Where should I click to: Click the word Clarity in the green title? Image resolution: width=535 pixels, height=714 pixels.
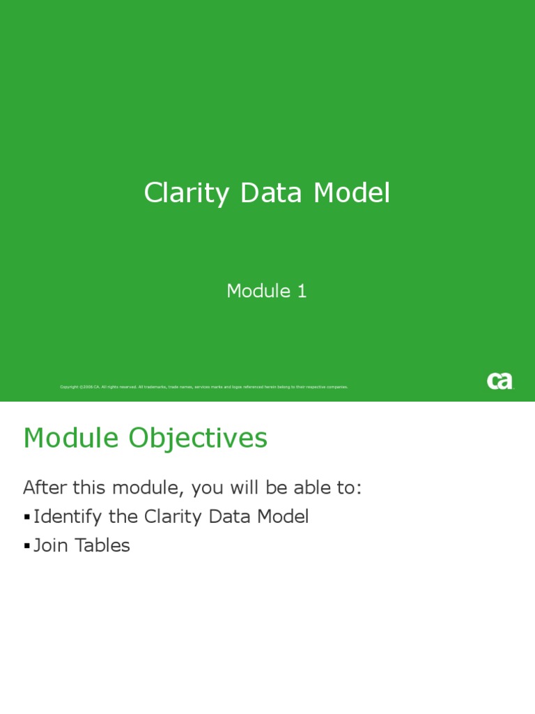185,193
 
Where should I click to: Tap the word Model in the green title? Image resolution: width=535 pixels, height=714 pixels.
351,193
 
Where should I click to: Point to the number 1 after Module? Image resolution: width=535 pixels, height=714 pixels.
302,291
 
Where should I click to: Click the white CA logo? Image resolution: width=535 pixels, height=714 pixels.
499,381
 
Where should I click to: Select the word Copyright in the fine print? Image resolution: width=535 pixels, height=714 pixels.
69,386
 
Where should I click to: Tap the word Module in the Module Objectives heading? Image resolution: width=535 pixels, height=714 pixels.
70,438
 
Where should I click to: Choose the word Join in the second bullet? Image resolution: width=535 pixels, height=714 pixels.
51,545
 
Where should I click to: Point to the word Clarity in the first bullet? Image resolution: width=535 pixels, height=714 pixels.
171,517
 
